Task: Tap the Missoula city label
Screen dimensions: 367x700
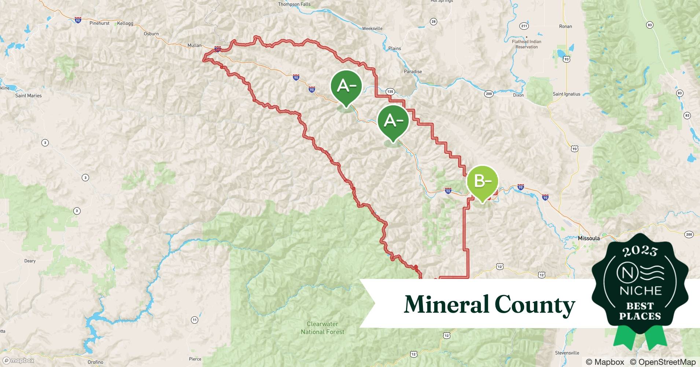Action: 589,238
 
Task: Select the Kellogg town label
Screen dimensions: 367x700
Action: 125,23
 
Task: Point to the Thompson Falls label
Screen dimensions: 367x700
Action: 294,4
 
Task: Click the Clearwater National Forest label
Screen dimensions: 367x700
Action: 323,328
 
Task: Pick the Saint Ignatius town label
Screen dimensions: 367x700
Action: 566,94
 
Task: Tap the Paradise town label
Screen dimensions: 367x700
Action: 413,72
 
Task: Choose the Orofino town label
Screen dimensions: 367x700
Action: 95,362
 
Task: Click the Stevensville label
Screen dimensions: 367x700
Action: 567,353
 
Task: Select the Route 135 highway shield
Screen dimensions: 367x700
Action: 390,92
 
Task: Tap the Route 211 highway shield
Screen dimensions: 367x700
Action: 524,26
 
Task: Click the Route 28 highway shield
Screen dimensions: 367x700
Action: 434,22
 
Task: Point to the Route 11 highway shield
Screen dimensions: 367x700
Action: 195,320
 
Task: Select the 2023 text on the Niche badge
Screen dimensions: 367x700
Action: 640,251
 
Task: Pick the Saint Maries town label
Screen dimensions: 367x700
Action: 28,96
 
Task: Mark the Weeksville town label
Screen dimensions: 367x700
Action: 372,29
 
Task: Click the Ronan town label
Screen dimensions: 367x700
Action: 565,26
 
